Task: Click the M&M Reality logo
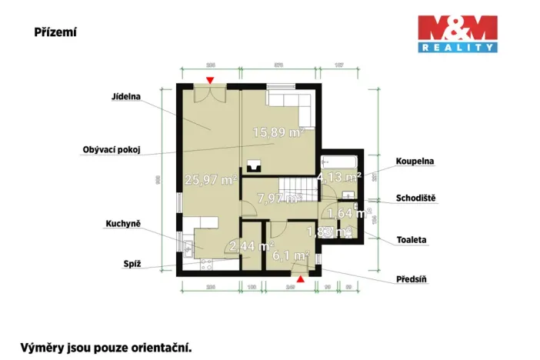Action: tap(457, 34)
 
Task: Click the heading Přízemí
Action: tap(55, 32)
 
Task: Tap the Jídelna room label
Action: tap(124, 98)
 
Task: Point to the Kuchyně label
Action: tap(122, 224)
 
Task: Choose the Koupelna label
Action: tap(415, 162)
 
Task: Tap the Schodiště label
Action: tap(416, 198)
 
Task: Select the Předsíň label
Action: tap(412, 279)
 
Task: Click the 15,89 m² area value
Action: tap(278, 132)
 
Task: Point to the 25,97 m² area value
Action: tap(210, 180)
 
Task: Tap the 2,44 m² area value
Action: tap(252, 247)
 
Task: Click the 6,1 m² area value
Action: tap(291, 255)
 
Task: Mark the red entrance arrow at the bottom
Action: tap(301, 279)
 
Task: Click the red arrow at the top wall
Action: tap(210, 81)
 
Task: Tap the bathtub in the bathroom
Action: tap(339, 162)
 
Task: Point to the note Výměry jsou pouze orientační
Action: tap(105, 347)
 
